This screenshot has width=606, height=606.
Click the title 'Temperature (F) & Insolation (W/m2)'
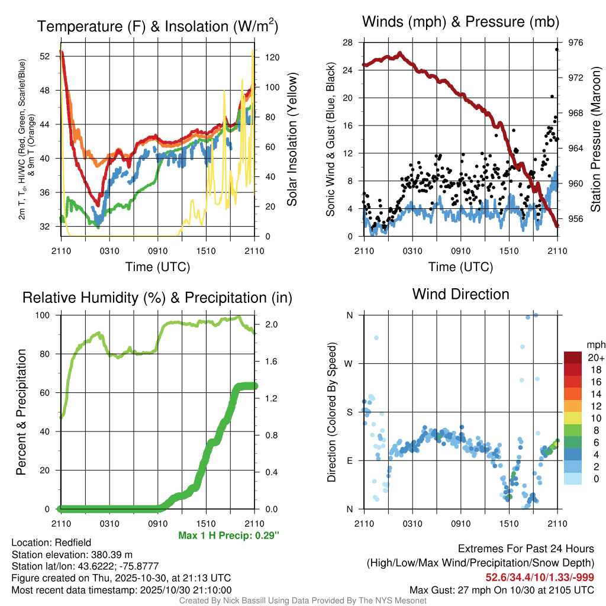pos(157,27)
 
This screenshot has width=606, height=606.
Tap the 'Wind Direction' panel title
pos(460,294)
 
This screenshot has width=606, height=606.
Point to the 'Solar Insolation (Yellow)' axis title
pos(292,140)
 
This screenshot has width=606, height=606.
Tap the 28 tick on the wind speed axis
pos(348,43)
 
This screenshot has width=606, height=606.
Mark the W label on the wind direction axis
pos(349,364)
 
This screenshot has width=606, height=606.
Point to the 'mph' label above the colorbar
pos(595,344)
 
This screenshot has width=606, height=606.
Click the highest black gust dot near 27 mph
pos(557,49)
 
